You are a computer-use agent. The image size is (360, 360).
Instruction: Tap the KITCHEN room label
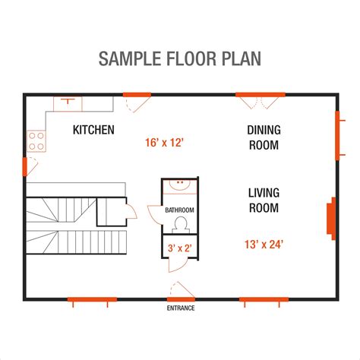[93, 130]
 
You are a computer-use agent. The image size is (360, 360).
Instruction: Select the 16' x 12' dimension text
[165, 141]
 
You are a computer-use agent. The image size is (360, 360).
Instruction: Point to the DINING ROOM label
[263, 137]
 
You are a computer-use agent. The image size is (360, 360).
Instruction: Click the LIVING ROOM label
[263, 200]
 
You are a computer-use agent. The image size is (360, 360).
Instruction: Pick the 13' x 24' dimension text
[264, 244]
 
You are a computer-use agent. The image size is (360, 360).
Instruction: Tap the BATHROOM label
[180, 210]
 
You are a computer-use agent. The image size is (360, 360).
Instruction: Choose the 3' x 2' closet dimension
[179, 247]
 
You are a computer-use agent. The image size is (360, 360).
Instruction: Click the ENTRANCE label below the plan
[180, 308]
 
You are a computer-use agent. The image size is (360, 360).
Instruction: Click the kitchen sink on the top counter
[68, 101]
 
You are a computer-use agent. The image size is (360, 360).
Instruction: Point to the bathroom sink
[181, 185]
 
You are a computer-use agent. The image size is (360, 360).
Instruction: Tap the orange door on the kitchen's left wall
[25, 166]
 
